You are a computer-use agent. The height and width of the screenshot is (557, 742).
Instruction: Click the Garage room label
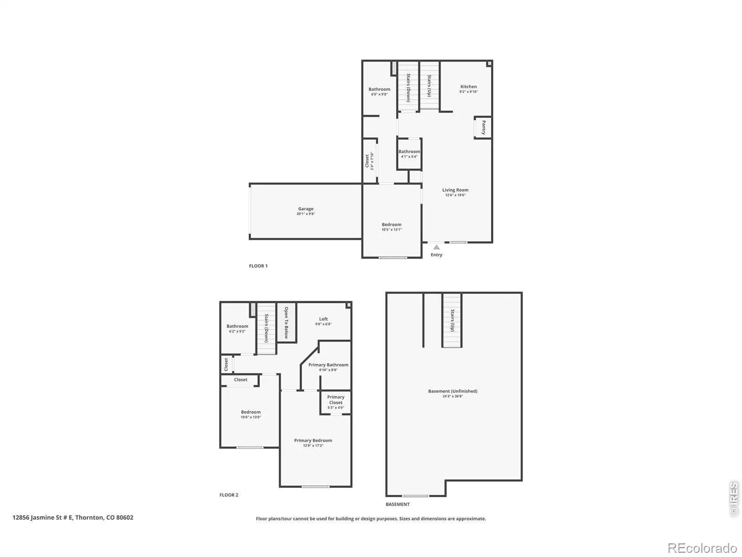[x=306, y=209]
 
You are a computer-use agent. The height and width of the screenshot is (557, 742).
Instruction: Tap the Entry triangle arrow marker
[x=436, y=247]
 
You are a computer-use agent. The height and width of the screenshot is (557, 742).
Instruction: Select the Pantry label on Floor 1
[x=484, y=128]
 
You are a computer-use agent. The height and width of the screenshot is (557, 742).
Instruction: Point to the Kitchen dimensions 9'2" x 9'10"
[x=468, y=91]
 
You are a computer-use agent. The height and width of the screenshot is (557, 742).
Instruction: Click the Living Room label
[x=455, y=190]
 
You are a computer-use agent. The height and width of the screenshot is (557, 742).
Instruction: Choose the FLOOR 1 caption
[x=258, y=266]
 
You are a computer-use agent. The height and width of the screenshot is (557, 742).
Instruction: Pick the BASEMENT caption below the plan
[x=397, y=504]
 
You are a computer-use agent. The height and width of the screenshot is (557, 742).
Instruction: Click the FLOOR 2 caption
[x=229, y=495]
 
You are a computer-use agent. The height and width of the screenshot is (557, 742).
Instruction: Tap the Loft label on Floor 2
[x=324, y=318]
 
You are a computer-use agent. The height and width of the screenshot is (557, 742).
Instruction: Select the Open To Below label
[x=286, y=323]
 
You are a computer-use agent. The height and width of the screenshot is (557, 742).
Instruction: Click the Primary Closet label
[x=336, y=400]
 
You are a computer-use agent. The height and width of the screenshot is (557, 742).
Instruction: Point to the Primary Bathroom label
[x=328, y=364]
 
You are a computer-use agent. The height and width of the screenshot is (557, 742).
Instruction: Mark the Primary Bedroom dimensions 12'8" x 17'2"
[x=313, y=446]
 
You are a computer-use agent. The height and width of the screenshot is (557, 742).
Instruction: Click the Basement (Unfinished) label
[x=453, y=391]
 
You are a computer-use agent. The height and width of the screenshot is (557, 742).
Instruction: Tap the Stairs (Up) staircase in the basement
[x=452, y=321]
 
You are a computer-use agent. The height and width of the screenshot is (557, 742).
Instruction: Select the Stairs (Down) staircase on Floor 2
[x=266, y=328]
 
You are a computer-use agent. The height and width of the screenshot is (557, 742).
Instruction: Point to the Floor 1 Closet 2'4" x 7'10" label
[x=369, y=161]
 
